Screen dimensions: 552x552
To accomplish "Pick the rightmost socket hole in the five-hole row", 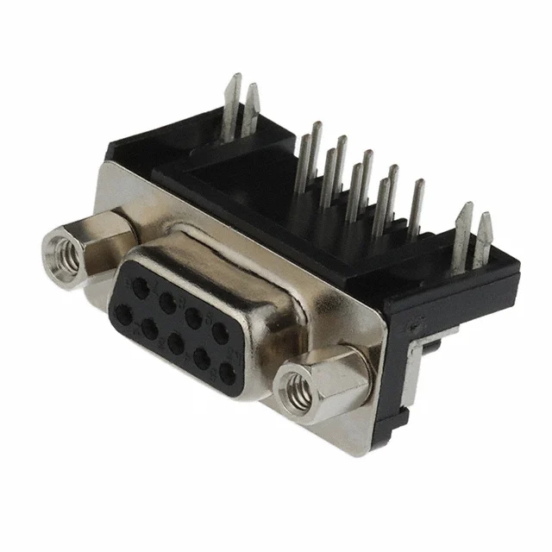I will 227,373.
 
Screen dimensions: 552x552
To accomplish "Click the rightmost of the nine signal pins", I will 417,207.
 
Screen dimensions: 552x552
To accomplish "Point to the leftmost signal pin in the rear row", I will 316,147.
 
